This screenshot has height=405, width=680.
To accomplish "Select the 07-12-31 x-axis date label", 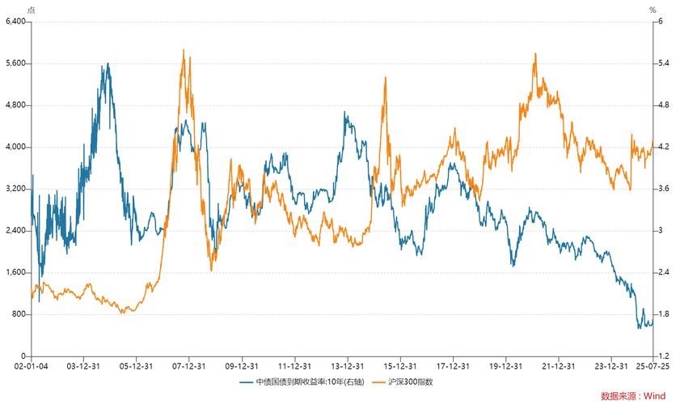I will [x=188, y=367].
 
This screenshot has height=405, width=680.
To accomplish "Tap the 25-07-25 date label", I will [x=653, y=367].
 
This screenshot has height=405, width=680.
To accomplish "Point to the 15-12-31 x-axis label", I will [x=399, y=367].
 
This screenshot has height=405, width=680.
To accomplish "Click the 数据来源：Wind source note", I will [x=633, y=396].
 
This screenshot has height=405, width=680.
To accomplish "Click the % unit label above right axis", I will [x=653, y=10].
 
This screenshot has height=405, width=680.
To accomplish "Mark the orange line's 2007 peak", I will [x=184, y=50].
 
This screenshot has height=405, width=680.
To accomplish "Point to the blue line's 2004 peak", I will [x=108, y=63].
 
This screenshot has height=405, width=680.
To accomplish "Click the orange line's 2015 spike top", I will [x=385, y=77].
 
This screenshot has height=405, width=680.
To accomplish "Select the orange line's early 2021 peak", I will [x=535, y=54].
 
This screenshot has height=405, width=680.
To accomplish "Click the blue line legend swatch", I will [x=246, y=382].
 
